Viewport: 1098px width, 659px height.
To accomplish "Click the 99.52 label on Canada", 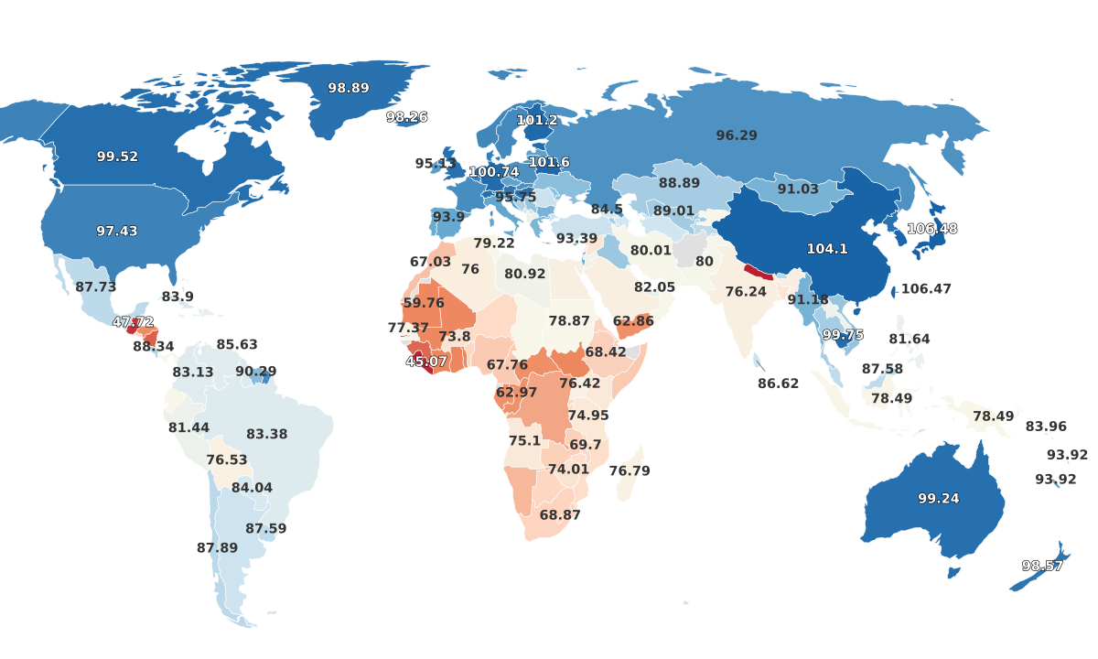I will tap(117, 157).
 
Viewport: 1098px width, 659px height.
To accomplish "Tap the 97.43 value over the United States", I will tap(117, 231).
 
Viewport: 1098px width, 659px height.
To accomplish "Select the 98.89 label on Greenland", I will tap(349, 88).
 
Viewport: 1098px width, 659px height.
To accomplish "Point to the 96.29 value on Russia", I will tap(737, 135).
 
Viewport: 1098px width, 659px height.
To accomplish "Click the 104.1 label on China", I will tap(827, 248).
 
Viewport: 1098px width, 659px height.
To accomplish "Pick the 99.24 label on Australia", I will tap(939, 498).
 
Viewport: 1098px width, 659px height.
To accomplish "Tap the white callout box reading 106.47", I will tap(926, 288).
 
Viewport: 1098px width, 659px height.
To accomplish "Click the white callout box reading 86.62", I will tap(778, 384).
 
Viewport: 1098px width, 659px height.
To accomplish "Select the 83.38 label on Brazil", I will tap(267, 434).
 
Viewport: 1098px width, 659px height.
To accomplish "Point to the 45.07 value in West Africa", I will tap(426, 362).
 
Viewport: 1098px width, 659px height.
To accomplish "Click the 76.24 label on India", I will tap(746, 291).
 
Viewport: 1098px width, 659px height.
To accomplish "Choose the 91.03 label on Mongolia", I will tap(798, 189).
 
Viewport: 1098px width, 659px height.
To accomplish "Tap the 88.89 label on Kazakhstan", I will tap(679, 183).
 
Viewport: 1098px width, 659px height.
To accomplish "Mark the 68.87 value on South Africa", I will tap(560, 514).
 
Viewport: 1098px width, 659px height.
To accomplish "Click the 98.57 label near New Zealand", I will tap(1042, 566).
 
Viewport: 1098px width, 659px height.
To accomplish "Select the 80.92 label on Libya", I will tap(524, 274).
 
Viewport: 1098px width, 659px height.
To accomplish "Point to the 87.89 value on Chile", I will tap(217, 547).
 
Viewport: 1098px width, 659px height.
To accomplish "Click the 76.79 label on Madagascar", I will tap(630, 470).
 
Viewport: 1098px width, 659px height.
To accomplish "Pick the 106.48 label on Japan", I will tap(931, 228).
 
